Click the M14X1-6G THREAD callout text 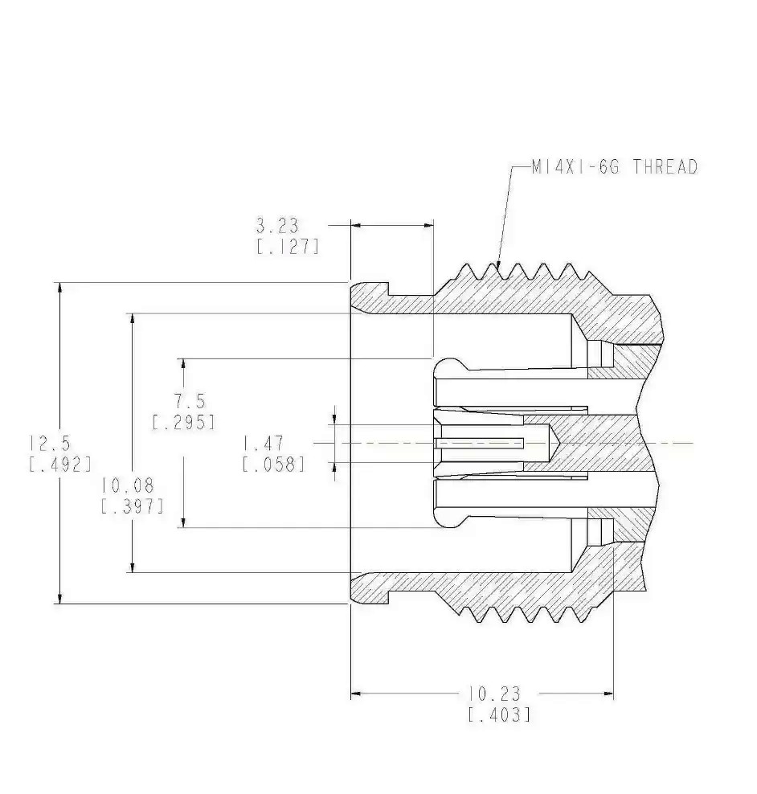[x=615, y=166]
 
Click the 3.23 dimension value [x=277, y=225]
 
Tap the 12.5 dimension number [x=50, y=443]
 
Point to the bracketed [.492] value [x=60, y=465]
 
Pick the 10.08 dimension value [x=127, y=485]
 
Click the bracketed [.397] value [x=133, y=506]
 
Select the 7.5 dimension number [x=190, y=402]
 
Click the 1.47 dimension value [x=263, y=444]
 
